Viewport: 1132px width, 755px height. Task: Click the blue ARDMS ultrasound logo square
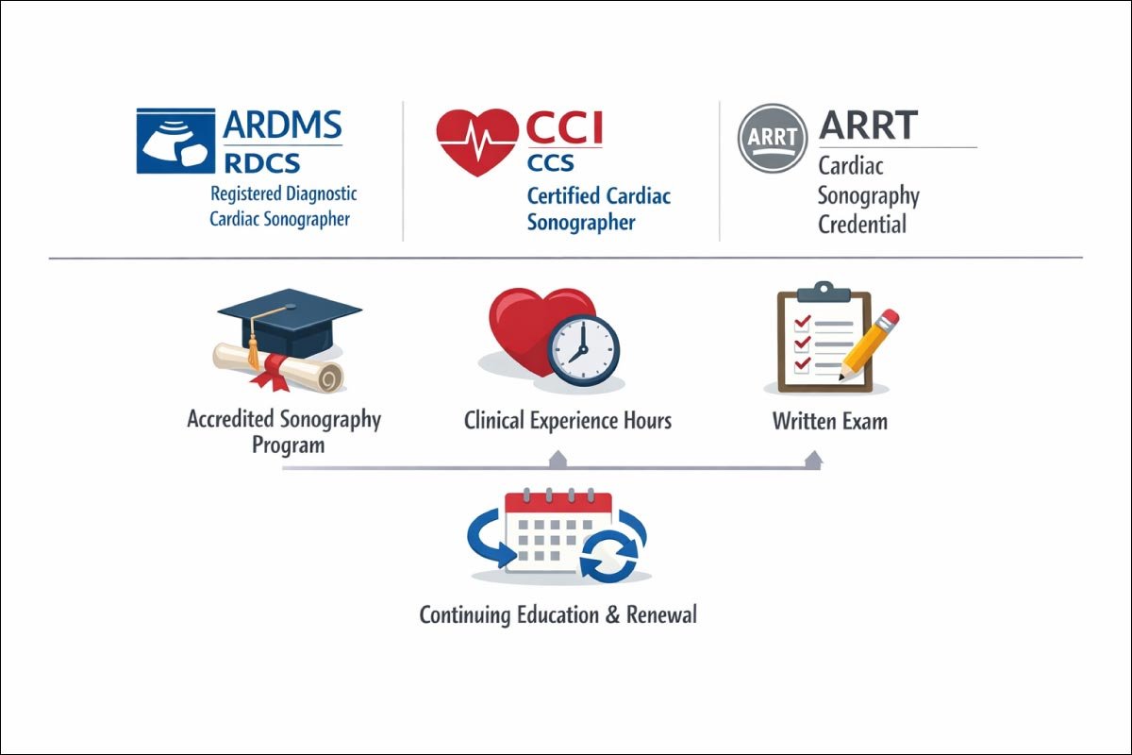pyautogui.click(x=175, y=141)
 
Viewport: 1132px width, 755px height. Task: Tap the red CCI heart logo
pyautogui.click(x=477, y=141)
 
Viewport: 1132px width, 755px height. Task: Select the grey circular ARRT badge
pyautogui.click(x=772, y=139)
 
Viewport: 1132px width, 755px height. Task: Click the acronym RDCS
pyautogui.click(x=262, y=162)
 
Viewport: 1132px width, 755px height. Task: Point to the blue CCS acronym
pyautogui.click(x=550, y=162)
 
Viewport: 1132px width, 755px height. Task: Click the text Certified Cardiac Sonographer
pyautogui.click(x=598, y=210)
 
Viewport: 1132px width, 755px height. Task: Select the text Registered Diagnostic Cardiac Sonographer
pyautogui.click(x=283, y=206)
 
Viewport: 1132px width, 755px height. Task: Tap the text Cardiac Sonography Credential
pyautogui.click(x=868, y=195)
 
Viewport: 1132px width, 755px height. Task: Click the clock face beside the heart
pyautogui.click(x=583, y=348)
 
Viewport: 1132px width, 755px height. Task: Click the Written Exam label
pyautogui.click(x=829, y=420)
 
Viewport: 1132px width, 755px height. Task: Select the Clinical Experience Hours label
pyautogui.click(x=567, y=420)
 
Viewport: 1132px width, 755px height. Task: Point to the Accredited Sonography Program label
pyautogui.click(x=284, y=430)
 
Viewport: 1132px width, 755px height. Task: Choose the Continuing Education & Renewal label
pyautogui.click(x=558, y=615)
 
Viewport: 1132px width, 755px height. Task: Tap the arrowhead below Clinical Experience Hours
pyautogui.click(x=558, y=460)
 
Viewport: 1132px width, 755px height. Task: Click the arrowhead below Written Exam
pyautogui.click(x=812, y=460)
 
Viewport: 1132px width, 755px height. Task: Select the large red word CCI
pyautogui.click(x=565, y=128)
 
